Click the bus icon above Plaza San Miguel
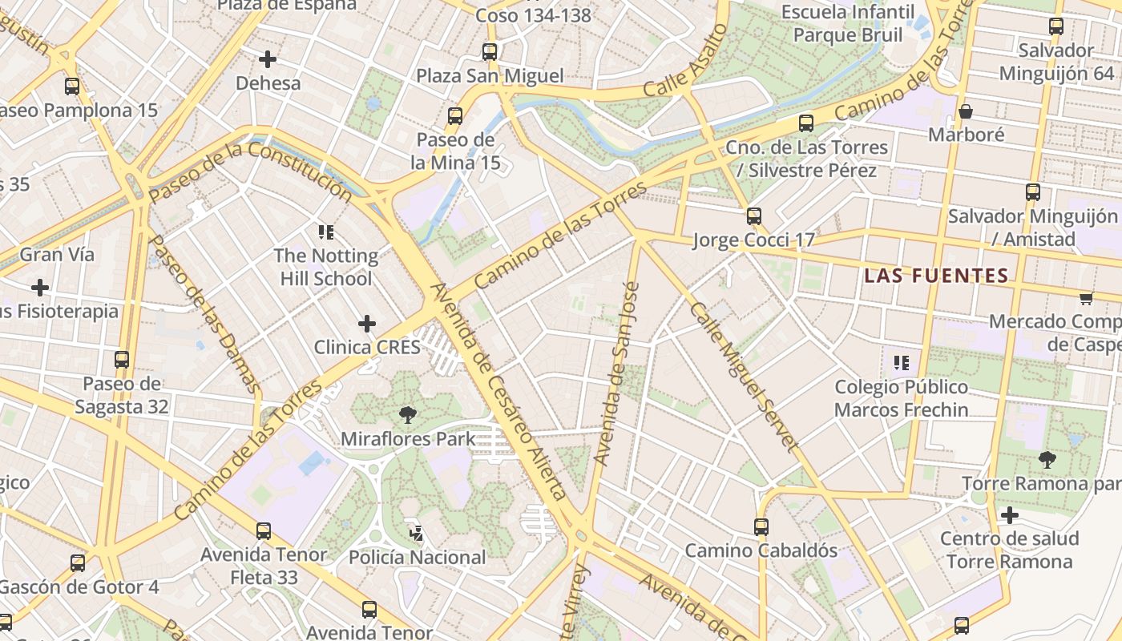click(x=489, y=52)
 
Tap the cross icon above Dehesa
click(x=268, y=59)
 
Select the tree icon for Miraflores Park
click(x=408, y=414)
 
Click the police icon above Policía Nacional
click(x=416, y=532)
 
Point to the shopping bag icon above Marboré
click(x=966, y=111)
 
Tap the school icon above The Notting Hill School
click(x=325, y=232)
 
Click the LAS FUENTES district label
click(x=936, y=276)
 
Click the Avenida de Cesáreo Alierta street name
click(x=498, y=391)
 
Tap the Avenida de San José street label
click(x=616, y=373)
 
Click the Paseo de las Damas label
click(x=204, y=314)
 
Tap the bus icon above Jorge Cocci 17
click(x=753, y=216)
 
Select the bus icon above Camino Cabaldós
click(x=761, y=526)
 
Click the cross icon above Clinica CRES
click(x=366, y=324)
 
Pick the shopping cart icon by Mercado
click(x=1086, y=298)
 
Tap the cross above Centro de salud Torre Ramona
click(x=1009, y=514)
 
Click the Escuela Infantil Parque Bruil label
click(x=847, y=23)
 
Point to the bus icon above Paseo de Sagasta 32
click(x=122, y=360)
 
